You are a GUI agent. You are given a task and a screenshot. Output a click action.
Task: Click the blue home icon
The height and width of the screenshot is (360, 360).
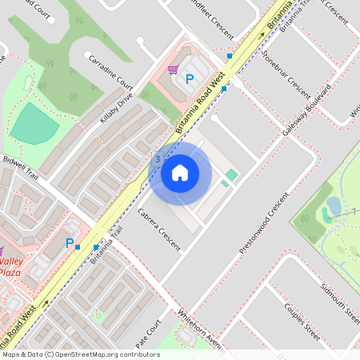point(180,172)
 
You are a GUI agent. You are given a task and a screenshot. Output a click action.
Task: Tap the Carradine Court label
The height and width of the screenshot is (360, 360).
point(110,72)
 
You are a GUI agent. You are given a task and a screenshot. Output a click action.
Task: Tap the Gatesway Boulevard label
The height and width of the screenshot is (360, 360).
point(306,110)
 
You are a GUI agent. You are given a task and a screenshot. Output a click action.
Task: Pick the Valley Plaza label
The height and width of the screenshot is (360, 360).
point(10,267)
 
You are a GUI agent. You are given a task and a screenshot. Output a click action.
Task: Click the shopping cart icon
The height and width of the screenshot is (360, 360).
point(173,70)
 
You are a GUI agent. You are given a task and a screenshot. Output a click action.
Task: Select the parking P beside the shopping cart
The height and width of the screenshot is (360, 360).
point(190,79)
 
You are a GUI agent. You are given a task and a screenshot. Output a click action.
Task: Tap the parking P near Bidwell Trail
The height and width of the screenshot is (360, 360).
point(70,243)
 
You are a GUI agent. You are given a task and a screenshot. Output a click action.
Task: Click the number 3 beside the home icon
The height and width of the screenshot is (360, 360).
point(158,160)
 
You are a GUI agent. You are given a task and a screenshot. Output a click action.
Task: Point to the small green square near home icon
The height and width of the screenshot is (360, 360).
point(231,174)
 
